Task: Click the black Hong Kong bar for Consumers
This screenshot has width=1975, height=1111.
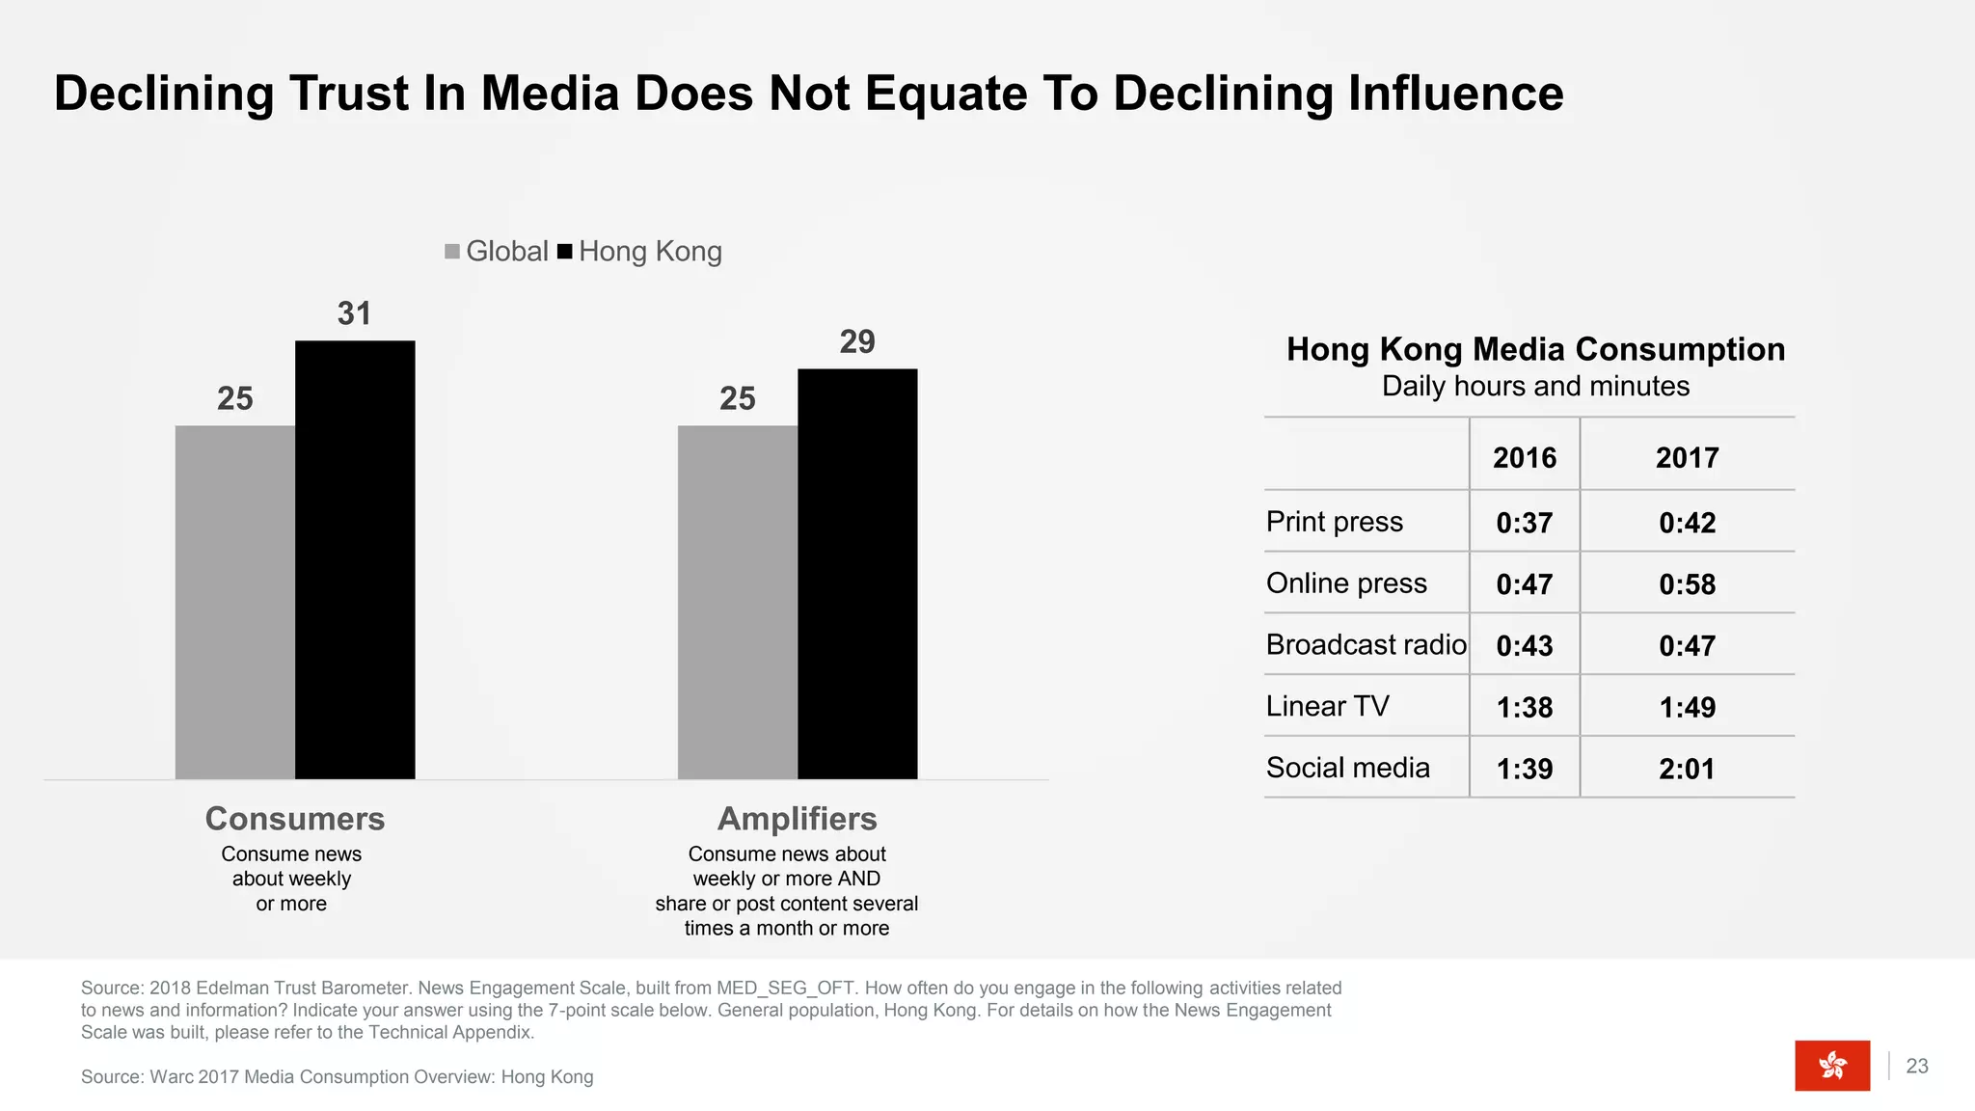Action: click(355, 559)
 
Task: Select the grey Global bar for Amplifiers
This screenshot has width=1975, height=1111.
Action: click(738, 602)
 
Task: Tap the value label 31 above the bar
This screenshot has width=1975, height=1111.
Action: click(354, 313)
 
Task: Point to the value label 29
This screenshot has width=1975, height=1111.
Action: click(856, 341)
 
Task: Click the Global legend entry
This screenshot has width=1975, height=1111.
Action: click(497, 252)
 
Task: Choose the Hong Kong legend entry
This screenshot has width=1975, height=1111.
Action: click(640, 252)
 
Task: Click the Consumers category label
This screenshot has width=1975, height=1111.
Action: click(295, 819)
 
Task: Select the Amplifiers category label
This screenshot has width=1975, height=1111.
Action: click(798, 819)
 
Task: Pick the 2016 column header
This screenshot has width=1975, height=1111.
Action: click(1524, 457)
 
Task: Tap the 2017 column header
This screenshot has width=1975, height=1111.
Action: click(1687, 457)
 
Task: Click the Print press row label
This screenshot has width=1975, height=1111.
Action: click(1334, 522)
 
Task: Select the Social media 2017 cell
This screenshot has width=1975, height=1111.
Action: click(1687, 769)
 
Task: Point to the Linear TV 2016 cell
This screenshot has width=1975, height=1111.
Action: click(1524, 707)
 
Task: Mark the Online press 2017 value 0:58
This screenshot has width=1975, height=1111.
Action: click(1687, 584)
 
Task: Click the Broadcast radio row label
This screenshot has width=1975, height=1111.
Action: click(1366, 644)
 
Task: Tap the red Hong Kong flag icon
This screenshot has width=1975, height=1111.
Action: click(1831, 1065)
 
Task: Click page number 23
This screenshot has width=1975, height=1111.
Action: click(1917, 1066)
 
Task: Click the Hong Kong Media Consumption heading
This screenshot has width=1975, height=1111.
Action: click(1535, 349)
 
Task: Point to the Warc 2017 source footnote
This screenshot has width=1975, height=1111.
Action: click(337, 1077)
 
